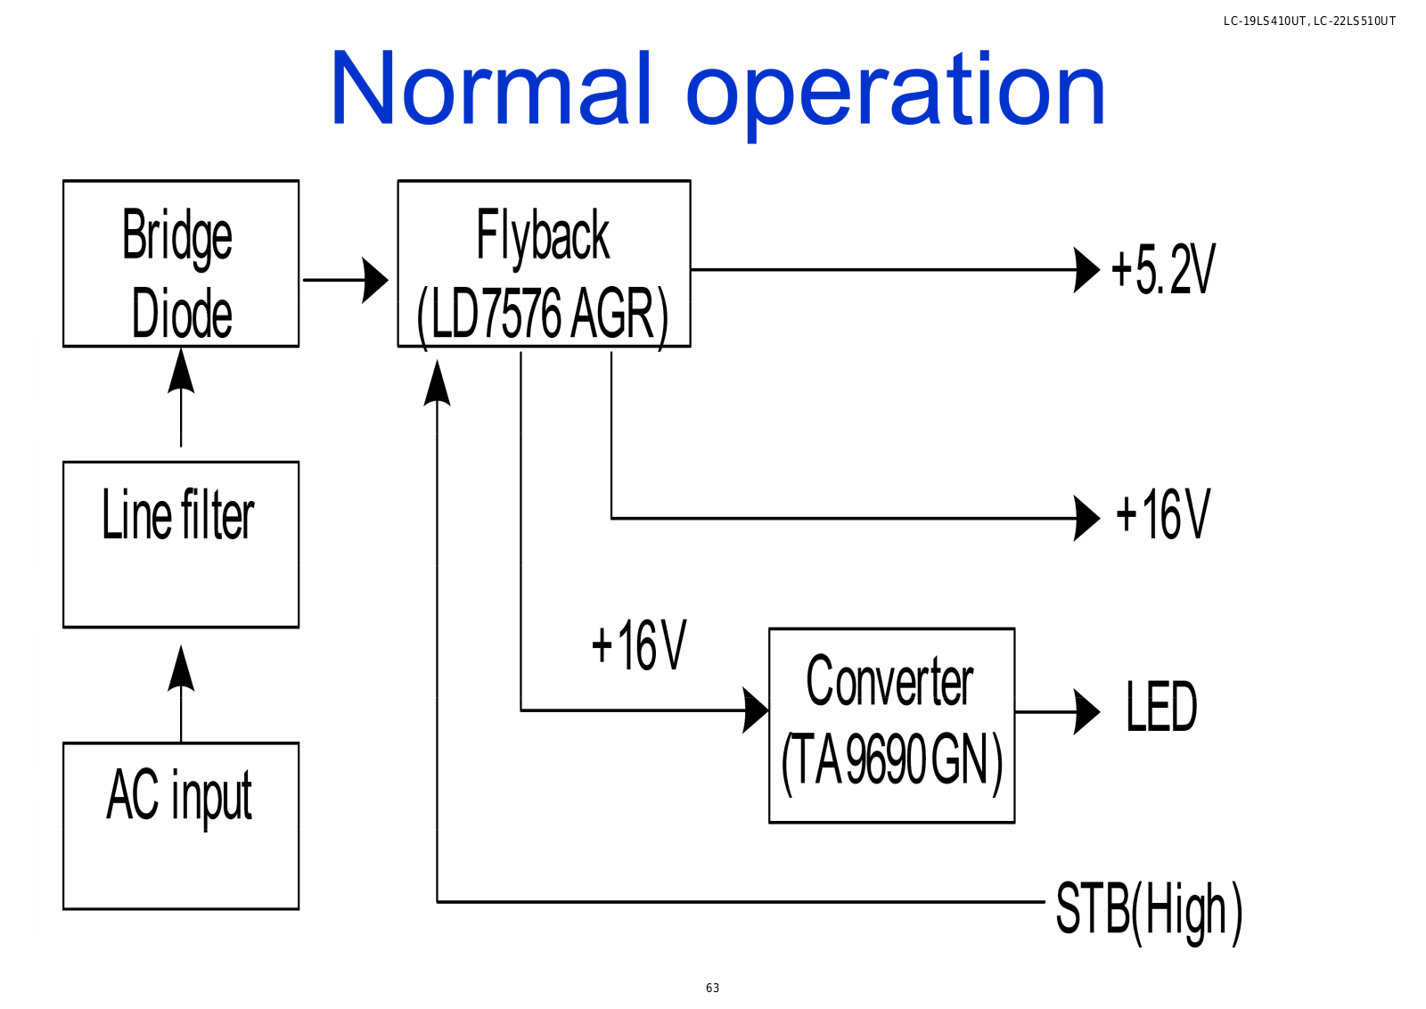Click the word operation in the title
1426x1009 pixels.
click(896, 95)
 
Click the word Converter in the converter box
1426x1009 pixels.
click(890, 681)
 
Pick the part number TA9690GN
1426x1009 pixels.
click(892, 760)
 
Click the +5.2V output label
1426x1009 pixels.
click(1163, 269)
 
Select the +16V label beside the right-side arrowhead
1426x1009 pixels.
click(1163, 515)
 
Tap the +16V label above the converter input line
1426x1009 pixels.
click(639, 645)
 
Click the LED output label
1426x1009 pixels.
click(1162, 707)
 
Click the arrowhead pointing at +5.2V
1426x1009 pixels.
click(1086, 270)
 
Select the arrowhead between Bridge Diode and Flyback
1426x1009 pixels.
click(375, 280)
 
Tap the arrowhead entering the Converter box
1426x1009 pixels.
click(756, 710)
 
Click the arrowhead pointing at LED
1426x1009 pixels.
click(1086, 711)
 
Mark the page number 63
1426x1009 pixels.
click(712, 988)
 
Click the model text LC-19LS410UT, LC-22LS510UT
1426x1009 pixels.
click(1309, 21)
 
